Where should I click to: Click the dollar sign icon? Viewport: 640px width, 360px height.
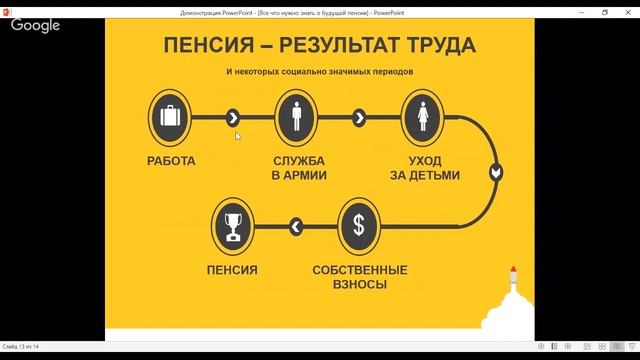click(x=358, y=226)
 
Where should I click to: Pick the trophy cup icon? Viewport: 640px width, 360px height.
click(x=232, y=226)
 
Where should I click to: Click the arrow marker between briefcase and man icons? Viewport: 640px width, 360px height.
click(x=233, y=117)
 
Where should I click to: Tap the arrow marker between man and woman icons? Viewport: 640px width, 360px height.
click(x=359, y=117)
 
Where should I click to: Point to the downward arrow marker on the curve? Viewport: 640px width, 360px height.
click(x=496, y=172)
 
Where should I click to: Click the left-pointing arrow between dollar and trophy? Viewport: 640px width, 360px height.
click(x=295, y=227)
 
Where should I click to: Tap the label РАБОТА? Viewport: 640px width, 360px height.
click(x=171, y=160)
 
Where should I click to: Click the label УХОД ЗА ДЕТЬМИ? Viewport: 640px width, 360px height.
click(x=422, y=167)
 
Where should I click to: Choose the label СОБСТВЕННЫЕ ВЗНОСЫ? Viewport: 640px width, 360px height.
click(x=359, y=277)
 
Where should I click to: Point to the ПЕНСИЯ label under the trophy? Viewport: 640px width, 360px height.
click(x=232, y=270)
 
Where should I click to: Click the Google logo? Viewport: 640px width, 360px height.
click(x=37, y=26)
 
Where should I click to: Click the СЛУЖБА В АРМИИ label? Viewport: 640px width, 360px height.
click(x=296, y=167)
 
